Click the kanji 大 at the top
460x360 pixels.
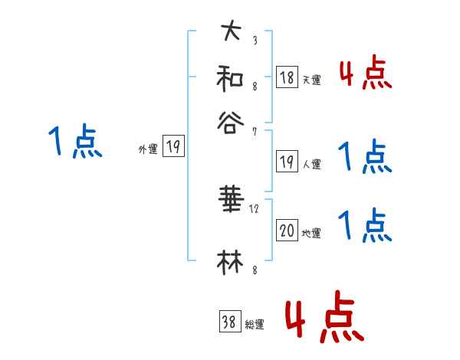pos(231,32)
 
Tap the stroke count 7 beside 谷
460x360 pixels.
pos(255,132)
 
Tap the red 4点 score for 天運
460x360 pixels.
pos(365,74)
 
